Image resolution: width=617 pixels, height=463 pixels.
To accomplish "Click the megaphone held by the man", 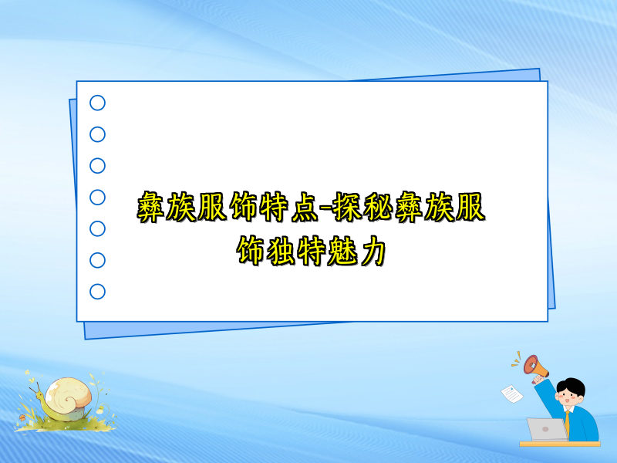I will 534,363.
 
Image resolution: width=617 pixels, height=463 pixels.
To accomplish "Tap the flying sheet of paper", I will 511,393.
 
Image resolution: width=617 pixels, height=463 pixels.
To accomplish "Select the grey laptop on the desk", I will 547,429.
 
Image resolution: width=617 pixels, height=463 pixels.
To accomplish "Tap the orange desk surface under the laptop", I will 559,444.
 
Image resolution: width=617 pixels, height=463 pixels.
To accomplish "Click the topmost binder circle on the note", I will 98,103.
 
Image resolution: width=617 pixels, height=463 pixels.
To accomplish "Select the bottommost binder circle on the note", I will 98,292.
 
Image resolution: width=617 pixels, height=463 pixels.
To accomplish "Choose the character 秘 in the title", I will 388,208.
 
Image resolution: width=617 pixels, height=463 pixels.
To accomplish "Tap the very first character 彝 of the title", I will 152,208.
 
